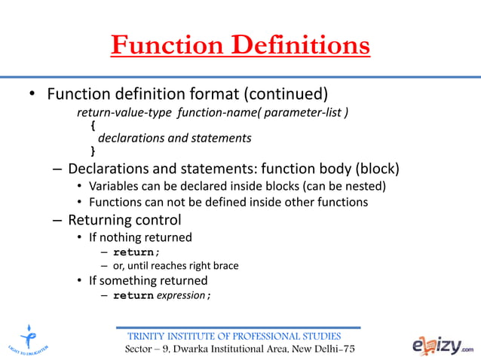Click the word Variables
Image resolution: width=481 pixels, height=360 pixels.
[114, 186]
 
